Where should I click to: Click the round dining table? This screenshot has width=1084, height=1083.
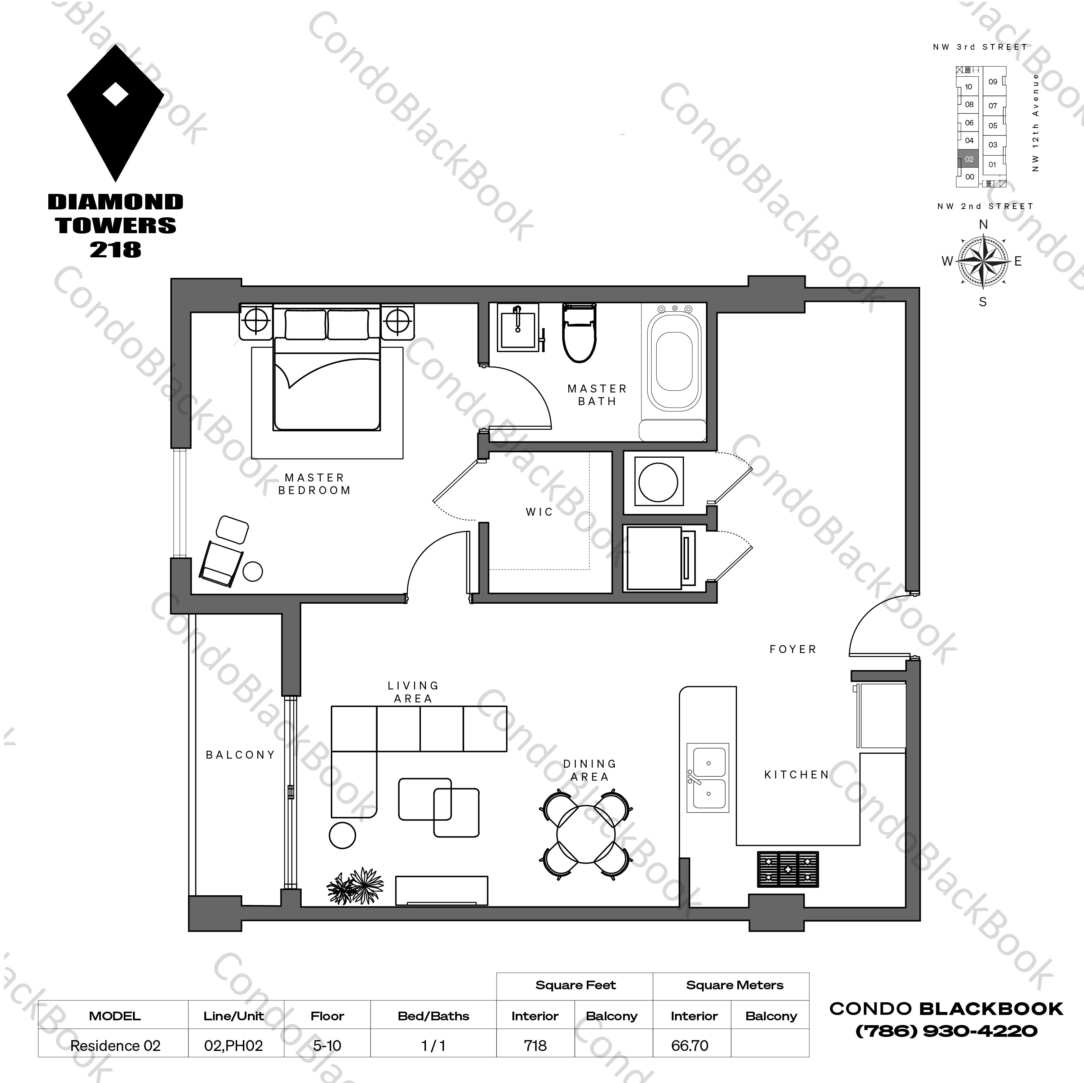[585, 834]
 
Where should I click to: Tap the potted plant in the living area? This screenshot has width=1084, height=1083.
[355, 887]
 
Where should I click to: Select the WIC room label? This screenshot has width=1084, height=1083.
[539, 512]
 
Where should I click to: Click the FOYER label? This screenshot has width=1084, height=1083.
[793, 649]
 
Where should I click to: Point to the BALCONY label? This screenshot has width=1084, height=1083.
[240, 755]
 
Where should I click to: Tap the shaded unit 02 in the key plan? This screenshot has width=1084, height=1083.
[969, 159]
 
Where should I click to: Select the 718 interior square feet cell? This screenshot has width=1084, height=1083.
[535, 1046]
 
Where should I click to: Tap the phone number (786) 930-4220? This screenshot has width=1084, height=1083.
[946, 1031]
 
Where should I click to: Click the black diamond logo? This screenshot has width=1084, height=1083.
[116, 112]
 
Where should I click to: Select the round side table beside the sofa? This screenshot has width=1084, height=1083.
[342, 835]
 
